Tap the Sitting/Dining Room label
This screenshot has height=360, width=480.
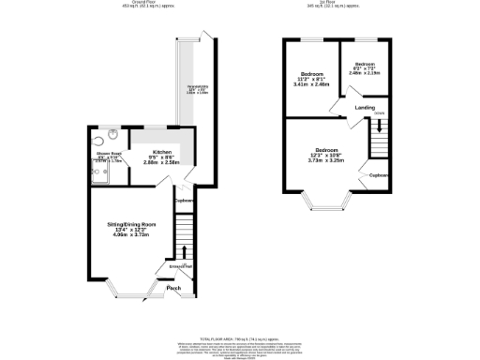[130, 224]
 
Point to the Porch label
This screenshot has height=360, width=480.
[173, 288]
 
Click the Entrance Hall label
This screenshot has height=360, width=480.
[180, 267]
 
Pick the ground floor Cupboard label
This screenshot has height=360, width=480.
[184, 201]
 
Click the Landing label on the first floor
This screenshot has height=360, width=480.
[365, 107]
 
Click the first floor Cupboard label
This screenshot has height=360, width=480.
[379, 175]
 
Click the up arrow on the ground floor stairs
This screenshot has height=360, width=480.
[184, 251]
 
